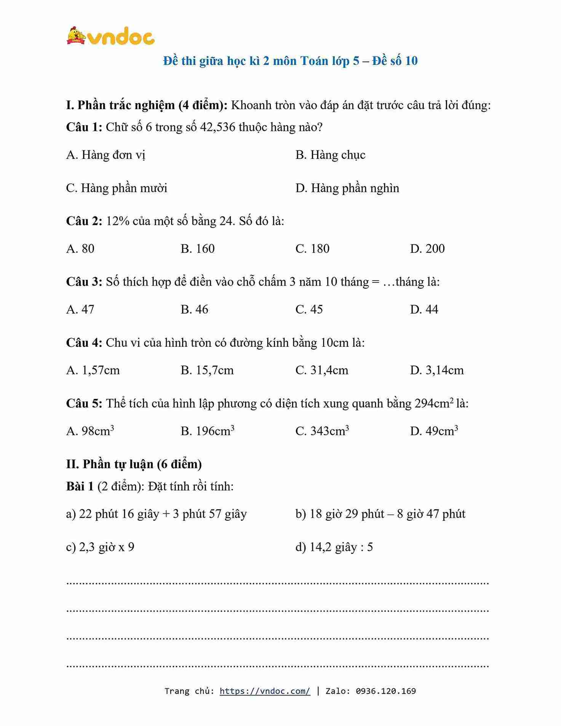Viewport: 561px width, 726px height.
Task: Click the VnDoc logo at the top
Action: pyautogui.click(x=110, y=37)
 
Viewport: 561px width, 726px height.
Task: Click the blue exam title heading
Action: pyautogui.click(x=290, y=61)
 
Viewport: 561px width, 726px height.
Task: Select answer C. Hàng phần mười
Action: pyautogui.click(x=117, y=188)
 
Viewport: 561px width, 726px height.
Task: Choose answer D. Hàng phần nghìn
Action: pyautogui.click(x=347, y=188)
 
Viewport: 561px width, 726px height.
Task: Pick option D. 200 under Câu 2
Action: pyautogui.click(x=427, y=249)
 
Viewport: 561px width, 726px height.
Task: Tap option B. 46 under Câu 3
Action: pyautogui.click(x=194, y=309)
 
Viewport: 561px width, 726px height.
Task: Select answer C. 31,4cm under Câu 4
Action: pyautogui.click(x=321, y=370)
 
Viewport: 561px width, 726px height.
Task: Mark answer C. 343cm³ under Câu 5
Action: pyautogui.click(x=322, y=431)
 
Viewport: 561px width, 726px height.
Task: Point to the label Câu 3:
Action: pyautogui.click(x=84, y=282)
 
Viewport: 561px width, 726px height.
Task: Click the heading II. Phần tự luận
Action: pyautogui.click(x=134, y=464)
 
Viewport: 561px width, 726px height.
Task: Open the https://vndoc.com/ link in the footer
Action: pyautogui.click(x=265, y=691)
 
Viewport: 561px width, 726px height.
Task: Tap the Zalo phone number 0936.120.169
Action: pyautogui.click(x=385, y=691)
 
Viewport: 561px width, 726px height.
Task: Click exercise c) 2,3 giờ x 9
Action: pyautogui.click(x=100, y=547)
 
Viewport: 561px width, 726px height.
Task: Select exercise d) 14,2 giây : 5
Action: pyautogui.click(x=334, y=547)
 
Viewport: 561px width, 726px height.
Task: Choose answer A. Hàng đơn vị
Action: pyautogui.click(x=105, y=155)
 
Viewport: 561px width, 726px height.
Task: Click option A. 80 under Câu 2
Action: pyautogui.click(x=80, y=249)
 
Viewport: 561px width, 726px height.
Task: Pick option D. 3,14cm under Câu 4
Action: pyautogui.click(x=437, y=370)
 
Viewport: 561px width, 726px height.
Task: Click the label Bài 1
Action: pyautogui.click(x=80, y=486)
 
